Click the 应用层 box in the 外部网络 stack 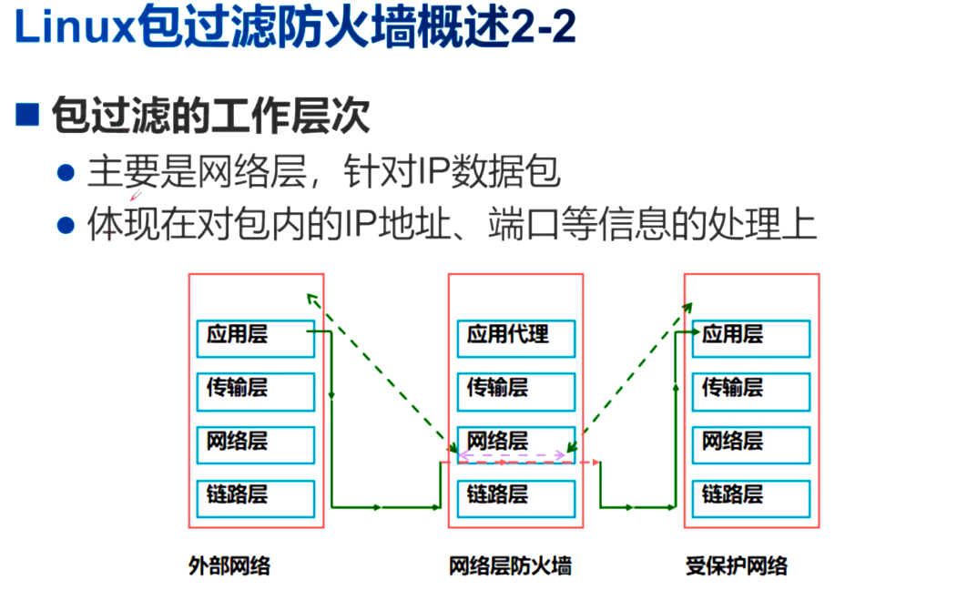255,338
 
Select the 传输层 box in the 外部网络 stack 255,392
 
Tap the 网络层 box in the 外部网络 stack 255,444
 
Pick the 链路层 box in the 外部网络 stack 255,498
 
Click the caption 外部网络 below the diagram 229,566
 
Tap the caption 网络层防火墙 511,566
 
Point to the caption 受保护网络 737,566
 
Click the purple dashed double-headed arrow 512,454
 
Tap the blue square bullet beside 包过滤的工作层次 28,116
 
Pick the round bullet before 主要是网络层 65,172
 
